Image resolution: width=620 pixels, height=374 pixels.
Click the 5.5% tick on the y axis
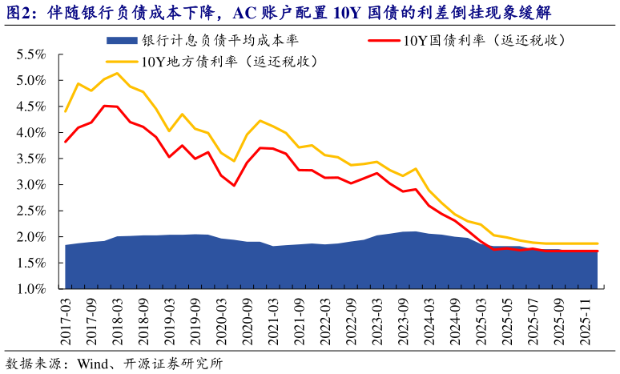(30, 54)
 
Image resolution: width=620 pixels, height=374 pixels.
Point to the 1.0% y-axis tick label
(30, 289)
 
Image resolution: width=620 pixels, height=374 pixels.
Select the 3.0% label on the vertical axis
(30, 185)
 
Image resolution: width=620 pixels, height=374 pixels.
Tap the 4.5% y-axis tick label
(30, 107)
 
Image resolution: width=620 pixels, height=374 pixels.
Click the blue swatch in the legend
(121, 40)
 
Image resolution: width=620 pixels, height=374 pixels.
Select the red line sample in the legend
(383, 40)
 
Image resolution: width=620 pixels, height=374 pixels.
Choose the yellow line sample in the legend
(121, 61)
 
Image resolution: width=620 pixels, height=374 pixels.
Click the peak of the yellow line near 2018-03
(118, 73)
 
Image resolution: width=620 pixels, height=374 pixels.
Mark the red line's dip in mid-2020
(234, 186)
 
